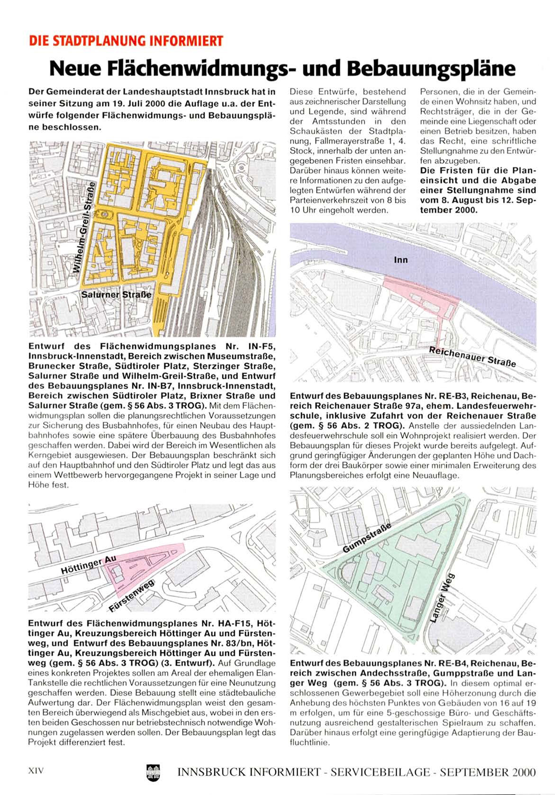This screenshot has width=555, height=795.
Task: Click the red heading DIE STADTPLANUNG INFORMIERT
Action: pos(126,41)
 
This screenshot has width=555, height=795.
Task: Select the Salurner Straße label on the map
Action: pos(117,294)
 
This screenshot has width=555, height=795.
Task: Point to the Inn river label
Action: pos(400,260)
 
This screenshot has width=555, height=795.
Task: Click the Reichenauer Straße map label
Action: pos(472,356)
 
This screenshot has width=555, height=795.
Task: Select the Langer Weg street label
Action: pos(442,598)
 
